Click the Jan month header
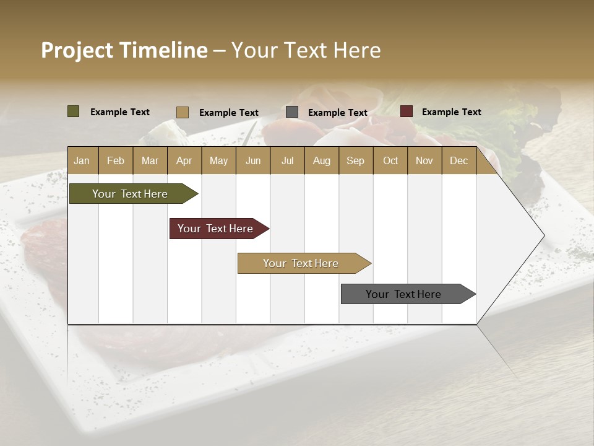tap(82, 160)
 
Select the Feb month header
tap(116, 160)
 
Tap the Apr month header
tap(184, 160)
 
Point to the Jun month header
tap(253, 160)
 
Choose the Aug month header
tap(322, 160)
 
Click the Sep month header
tap(356, 160)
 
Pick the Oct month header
tap(390, 160)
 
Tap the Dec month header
tap(459, 160)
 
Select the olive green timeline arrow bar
tap(131, 194)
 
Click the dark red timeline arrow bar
tap(216, 229)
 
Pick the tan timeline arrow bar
tap(301, 263)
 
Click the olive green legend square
tap(74, 111)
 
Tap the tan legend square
tap(183, 112)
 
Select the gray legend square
tap(292, 112)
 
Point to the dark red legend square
tap(407, 111)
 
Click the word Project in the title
tap(77, 50)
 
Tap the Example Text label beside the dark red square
tap(451, 112)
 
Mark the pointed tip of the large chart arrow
tap(543, 235)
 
